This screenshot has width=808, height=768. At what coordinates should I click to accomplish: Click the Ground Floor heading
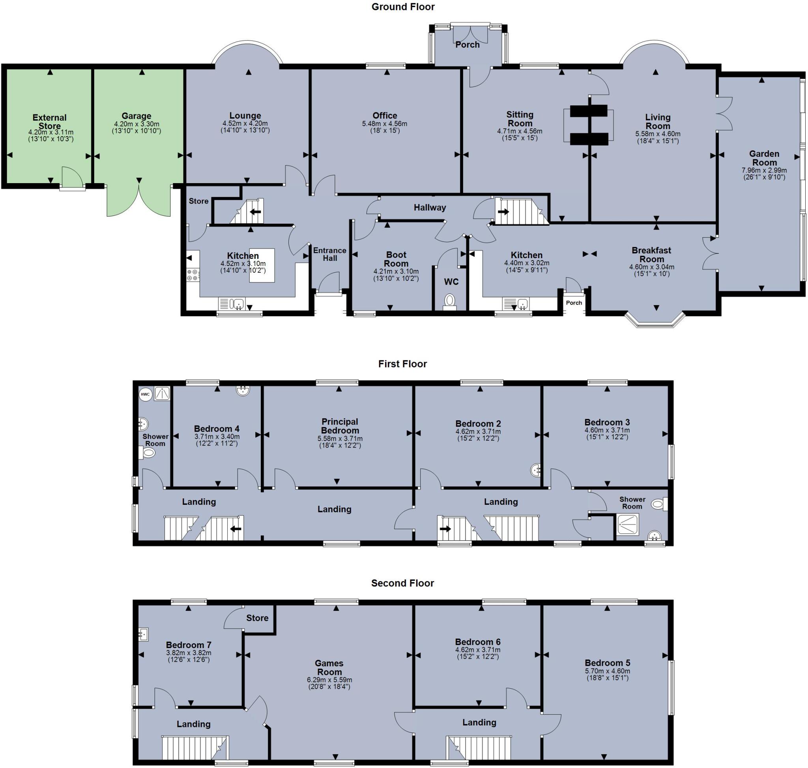point(403,7)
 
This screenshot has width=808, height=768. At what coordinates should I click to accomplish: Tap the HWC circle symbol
point(145,394)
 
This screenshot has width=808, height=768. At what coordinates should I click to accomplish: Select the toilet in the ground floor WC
point(449,301)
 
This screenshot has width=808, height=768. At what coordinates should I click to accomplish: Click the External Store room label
point(50,122)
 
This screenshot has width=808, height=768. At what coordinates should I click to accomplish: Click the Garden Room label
point(764,157)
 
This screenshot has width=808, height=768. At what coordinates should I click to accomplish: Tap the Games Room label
point(329,667)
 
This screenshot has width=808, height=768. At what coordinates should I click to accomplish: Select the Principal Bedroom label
point(340,426)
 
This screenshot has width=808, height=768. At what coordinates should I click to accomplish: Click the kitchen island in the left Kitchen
point(262,265)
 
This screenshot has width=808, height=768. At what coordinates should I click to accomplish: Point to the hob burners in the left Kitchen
point(193,275)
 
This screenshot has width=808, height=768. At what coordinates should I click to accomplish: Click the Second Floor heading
point(402,583)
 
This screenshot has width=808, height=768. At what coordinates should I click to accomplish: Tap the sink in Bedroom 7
point(143,634)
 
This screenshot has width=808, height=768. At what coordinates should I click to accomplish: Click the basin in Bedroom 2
point(536,470)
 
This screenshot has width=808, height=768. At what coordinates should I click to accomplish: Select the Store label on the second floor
point(257,618)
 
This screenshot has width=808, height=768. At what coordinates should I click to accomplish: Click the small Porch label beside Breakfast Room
point(574,303)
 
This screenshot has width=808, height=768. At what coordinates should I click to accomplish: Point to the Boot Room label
point(396,259)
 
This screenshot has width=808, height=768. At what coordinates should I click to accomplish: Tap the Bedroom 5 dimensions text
point(608,674)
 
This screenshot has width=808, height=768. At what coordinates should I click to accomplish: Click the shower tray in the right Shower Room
point(627,524)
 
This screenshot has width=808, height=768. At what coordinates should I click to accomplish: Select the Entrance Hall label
point(329,254)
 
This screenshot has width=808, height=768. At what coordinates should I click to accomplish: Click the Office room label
point(384,116)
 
